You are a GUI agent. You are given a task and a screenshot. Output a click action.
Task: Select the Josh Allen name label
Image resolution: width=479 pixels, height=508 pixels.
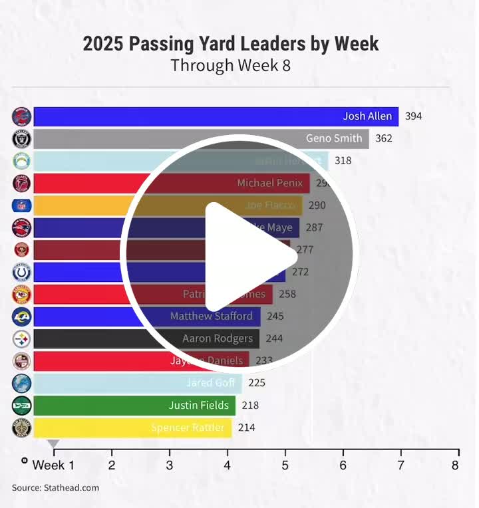click(x=367, y=116)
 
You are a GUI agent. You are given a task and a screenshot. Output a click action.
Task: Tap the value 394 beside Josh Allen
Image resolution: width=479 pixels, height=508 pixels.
click(x=413, y=116)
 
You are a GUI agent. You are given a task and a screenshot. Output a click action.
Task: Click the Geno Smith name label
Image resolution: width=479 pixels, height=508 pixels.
click(x=334, y=138)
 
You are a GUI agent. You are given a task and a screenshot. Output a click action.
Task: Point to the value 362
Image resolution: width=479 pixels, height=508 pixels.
click(x=383, y=138)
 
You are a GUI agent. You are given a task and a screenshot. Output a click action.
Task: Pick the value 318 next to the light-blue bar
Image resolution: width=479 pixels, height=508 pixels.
click(x=343, y=160)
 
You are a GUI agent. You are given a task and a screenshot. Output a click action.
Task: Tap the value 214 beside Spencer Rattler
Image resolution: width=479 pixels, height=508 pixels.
click(x=246, y=428)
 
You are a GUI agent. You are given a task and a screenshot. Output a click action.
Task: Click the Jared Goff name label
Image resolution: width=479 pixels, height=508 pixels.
click(x=210, y=383)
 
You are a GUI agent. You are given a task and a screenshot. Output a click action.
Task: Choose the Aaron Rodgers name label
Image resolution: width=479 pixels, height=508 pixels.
click(x=218, y=338)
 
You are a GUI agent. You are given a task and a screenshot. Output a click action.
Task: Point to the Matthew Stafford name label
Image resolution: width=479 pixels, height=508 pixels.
click(x=211, y=316)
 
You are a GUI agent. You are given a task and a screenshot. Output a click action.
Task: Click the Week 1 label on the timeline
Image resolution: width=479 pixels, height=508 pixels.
click(x=53, y=465)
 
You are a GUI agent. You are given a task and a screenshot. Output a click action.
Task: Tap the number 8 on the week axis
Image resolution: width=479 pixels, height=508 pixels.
click(x=455, y=465)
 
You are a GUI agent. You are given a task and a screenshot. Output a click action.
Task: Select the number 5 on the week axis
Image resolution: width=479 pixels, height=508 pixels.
click(x=285, y=465)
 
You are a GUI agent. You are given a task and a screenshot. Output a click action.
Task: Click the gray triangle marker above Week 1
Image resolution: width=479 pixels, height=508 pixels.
click(x=54, y=444)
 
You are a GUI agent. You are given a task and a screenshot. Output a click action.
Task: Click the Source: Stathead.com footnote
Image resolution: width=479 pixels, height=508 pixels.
click(x=55, y=488)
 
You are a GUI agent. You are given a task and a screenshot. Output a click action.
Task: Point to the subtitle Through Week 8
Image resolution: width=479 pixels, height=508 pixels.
click(x=230, y=66)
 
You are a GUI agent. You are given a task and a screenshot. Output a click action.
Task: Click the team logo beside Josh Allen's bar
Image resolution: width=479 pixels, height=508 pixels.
click(x=22, y=117)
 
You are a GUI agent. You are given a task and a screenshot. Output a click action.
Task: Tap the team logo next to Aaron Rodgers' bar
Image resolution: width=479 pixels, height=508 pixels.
click(x=22, y=339)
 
